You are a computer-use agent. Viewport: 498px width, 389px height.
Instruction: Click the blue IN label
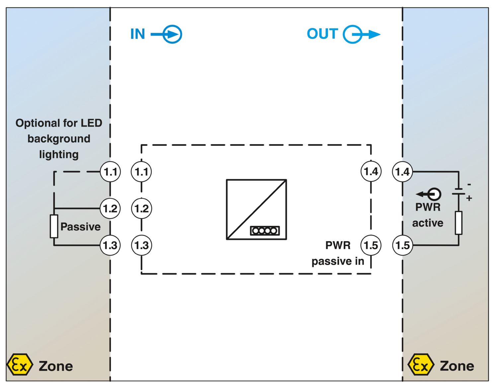pos(137,34)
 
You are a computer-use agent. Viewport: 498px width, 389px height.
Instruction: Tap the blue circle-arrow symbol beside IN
pos(167,35)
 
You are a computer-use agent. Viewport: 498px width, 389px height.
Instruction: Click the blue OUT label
pos(322,34)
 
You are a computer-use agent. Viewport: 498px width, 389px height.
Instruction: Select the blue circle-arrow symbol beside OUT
pos(362,35)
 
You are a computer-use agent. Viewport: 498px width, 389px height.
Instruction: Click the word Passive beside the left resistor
pos(80,227)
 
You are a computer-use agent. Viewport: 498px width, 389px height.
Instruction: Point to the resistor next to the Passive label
pos(54,226)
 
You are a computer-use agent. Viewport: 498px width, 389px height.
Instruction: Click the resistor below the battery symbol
pos(458,223)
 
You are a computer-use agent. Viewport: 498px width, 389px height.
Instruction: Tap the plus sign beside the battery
pos(469,198)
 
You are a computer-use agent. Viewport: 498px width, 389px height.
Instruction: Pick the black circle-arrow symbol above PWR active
pos(429,194)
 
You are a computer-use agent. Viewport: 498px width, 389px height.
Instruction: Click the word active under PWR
pos(428,223)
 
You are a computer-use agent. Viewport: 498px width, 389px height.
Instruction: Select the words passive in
pos(338,262)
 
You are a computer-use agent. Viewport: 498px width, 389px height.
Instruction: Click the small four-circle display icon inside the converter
pos(265,231)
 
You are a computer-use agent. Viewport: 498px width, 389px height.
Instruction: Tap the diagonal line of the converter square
pos(256,210)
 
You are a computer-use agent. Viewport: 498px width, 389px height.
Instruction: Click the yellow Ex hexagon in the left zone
pos(20,364)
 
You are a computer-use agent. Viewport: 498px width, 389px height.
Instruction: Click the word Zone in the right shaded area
pos(457,366)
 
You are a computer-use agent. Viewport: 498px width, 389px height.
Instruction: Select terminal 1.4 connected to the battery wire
pos(402,172)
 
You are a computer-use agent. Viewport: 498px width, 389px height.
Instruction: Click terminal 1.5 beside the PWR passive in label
pos(371,245)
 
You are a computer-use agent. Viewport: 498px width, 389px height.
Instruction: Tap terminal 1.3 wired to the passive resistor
pos(110,245)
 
